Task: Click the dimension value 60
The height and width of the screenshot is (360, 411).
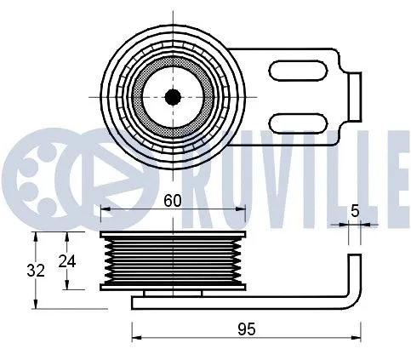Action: pyautogui.click(x=173, y=201)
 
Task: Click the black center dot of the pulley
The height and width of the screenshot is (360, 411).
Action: pyautogui.click(x=173, y=97)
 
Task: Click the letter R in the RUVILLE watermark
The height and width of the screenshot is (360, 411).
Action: pyautogui.click(x=205, y=170)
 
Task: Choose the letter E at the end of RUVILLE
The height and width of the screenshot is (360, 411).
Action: pyautogui.click(x=396, y=170)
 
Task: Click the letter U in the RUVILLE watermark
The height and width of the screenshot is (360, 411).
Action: pyautogui.click(x=248, y=170)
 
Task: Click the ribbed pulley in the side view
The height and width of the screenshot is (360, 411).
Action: pyautogui.click(x=173, y=260)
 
